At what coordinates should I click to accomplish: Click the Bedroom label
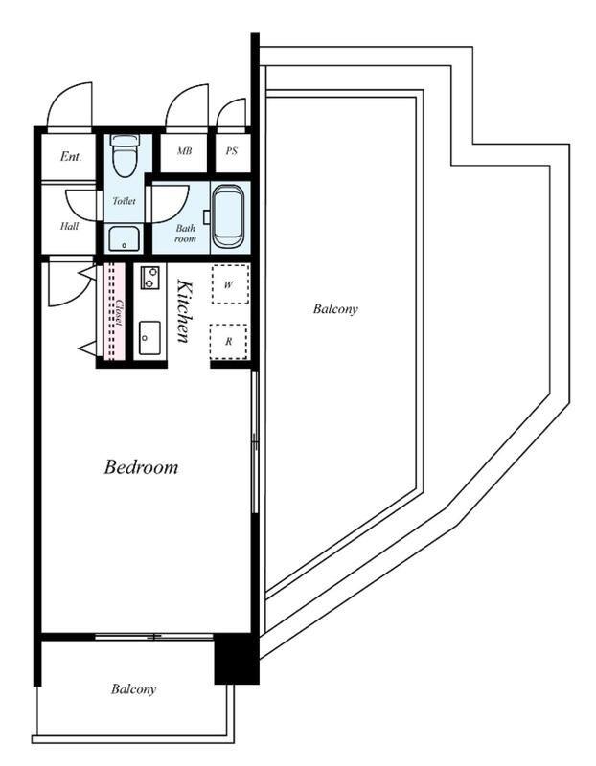click(141, 467)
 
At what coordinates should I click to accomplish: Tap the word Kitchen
click(184, 310)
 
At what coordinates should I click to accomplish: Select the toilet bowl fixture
click(126, 155)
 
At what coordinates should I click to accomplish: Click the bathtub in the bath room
click(228, 217)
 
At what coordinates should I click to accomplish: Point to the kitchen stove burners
click(149, 277)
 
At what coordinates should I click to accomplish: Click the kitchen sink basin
click(149, 338)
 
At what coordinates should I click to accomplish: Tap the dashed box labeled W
click(230, 284)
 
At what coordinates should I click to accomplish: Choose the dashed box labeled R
click(228, 342)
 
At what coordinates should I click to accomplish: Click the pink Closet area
click(115, 312)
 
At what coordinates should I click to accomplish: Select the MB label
click(184, 151)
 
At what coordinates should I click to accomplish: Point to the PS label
click(232, 151)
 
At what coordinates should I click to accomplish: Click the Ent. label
click(71, 156)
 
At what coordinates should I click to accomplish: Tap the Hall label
click(69, 226)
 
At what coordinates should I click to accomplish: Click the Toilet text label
click(125, 200)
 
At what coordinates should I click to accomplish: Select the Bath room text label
click(186, 234)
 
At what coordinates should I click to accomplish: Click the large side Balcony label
click(335, 308)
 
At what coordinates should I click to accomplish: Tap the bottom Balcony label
click(133, 689)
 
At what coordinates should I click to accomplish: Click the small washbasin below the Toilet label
click(125, 238)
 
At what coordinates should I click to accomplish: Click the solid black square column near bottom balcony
click(237, 659)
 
